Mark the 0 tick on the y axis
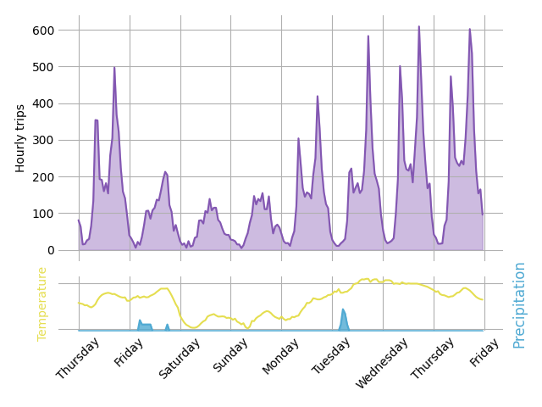[50, 250]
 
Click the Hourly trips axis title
[21, 138]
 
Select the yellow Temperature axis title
[42, 304]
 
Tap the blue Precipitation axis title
[519, 304]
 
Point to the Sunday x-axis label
[230, 354]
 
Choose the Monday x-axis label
[280, 354]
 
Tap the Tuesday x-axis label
[331, 354]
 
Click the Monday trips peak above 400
[318, 97]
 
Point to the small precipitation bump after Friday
[140, 321]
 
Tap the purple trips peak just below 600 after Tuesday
[368, 36]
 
